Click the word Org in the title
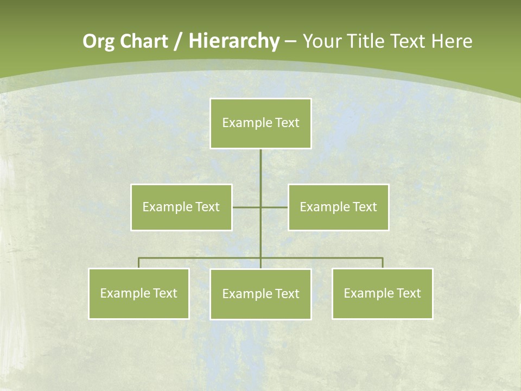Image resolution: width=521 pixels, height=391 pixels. coord(99,41)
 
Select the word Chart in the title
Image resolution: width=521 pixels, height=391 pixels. coord(145,41)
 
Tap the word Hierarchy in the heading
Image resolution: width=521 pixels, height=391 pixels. coord(234,41)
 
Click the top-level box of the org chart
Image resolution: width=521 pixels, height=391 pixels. coord(260,123)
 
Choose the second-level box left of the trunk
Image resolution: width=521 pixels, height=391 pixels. coord(181,207)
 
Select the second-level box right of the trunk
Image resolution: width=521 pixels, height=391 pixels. coord(339,207)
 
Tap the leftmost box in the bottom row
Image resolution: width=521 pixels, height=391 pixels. coord(139,293)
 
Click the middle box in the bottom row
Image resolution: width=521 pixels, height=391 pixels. coord(260,294)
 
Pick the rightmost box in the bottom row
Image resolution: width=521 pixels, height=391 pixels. coord(383,293)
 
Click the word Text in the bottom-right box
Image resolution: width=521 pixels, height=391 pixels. coord(409,293)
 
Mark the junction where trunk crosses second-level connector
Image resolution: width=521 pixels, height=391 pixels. coord(260,207)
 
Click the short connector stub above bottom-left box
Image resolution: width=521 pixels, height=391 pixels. coord(139,263)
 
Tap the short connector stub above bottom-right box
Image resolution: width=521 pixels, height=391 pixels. coord(383,263)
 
